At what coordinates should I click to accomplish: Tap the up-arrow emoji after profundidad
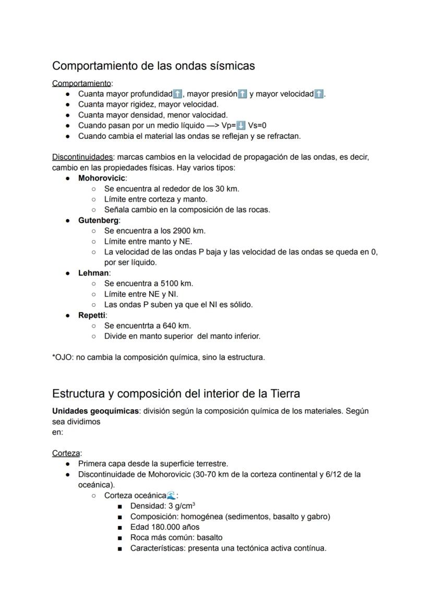pyautogui.click(x=177, y=94)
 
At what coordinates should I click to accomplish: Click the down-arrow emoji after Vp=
pyautogui.click(x=241, y=125)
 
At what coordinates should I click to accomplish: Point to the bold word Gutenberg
pyautogui.click(x=98, y=220)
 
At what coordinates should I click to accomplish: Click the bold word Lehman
pyautogui.click(x=93, y=273)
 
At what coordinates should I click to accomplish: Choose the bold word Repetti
pyautogui.click(x=92, y=315)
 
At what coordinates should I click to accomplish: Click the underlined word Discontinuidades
pyautogui.click(x=82, y=157)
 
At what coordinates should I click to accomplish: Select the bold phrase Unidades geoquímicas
pyautogui.click(x=95, y=411)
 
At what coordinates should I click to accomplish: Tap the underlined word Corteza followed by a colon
pyautogui.click(x=66, y=453)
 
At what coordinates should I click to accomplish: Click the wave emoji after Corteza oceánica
pyautogui.click(x=171, y=495)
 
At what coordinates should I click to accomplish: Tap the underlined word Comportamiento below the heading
pyautogui.click(x=81, y=83)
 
